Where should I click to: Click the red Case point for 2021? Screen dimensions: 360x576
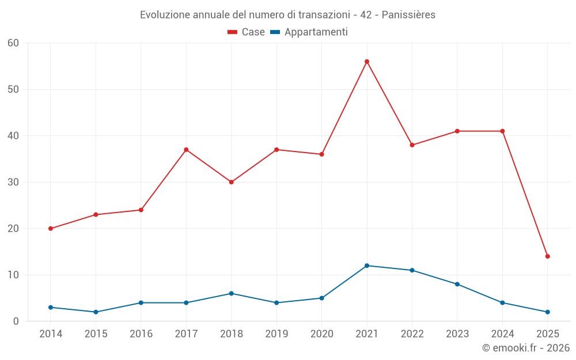pyautogui.click(x=367, y=62)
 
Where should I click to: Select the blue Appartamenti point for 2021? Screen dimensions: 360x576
pyautogui.click(x=367, y=266)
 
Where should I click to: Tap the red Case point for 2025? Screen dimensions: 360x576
pyautogui.click(x=548, y=256)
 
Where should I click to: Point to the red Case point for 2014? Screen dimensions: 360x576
pyautogui.click(x=51, y=229)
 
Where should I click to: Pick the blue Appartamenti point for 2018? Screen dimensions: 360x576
pyautogui.click(x=232, y=293)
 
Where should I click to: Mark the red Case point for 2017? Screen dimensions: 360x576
pyautogui.click(x=186, y=150)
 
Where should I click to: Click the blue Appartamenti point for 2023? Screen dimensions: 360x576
pyautogui.click(x=457, y=284)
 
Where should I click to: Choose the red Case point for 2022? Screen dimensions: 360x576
pyautogui.click(x=412, y=145)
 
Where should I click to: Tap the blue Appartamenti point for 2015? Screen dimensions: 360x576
pyautogui.click(x=96, y=312)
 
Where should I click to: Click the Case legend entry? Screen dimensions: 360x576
pyautogui.click(x=247, y=32)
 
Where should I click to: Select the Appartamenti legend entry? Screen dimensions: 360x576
pyautogui.click(x=309, y=32)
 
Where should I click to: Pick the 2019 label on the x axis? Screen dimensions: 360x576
pyautogui.click(x=276, y=334)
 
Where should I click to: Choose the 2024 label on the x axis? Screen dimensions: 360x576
pyautogui.click(x=502, y=334)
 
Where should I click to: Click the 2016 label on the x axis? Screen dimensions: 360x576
pyautogui.click(x=141, y=334)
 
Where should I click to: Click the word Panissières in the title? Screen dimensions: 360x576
pyautogui.click(x=409, y=14)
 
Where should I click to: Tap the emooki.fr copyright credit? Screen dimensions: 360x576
pyautogui.click(x=526, y=348)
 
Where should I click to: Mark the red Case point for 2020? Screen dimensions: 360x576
pyautogui.click(x=322, y=154)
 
